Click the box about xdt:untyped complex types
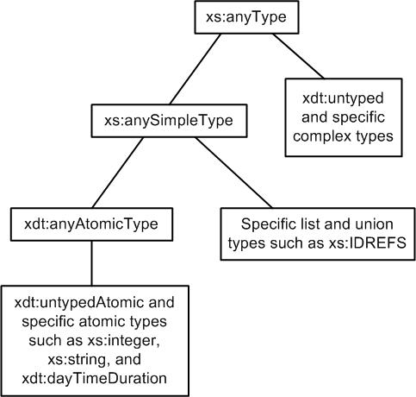pyautogui.click(x=339, y=119)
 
